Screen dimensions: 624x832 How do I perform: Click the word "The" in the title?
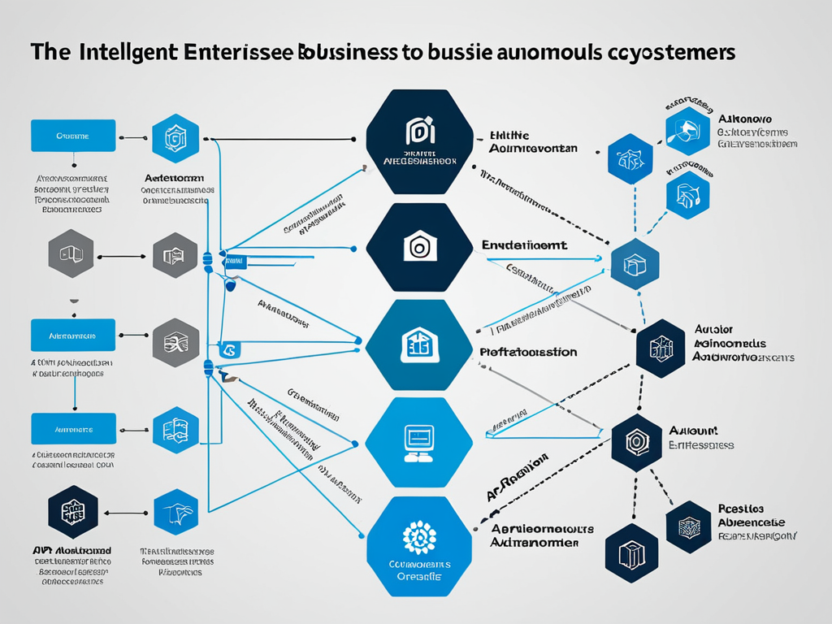(50, 52)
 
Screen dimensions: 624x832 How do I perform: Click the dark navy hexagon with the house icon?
(419, 247)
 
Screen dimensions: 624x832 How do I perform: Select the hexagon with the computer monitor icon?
(419, 442)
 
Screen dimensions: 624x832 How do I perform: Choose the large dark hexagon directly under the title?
(419, 141)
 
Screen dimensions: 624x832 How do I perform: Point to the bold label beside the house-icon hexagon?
(525, 244)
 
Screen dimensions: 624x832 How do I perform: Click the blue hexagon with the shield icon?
(175, 138)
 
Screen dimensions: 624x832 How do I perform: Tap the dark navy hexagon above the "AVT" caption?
(73, 512)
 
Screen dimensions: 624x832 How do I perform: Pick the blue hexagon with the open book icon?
(175, 430)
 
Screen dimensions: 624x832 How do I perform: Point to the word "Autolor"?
(714, 330)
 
